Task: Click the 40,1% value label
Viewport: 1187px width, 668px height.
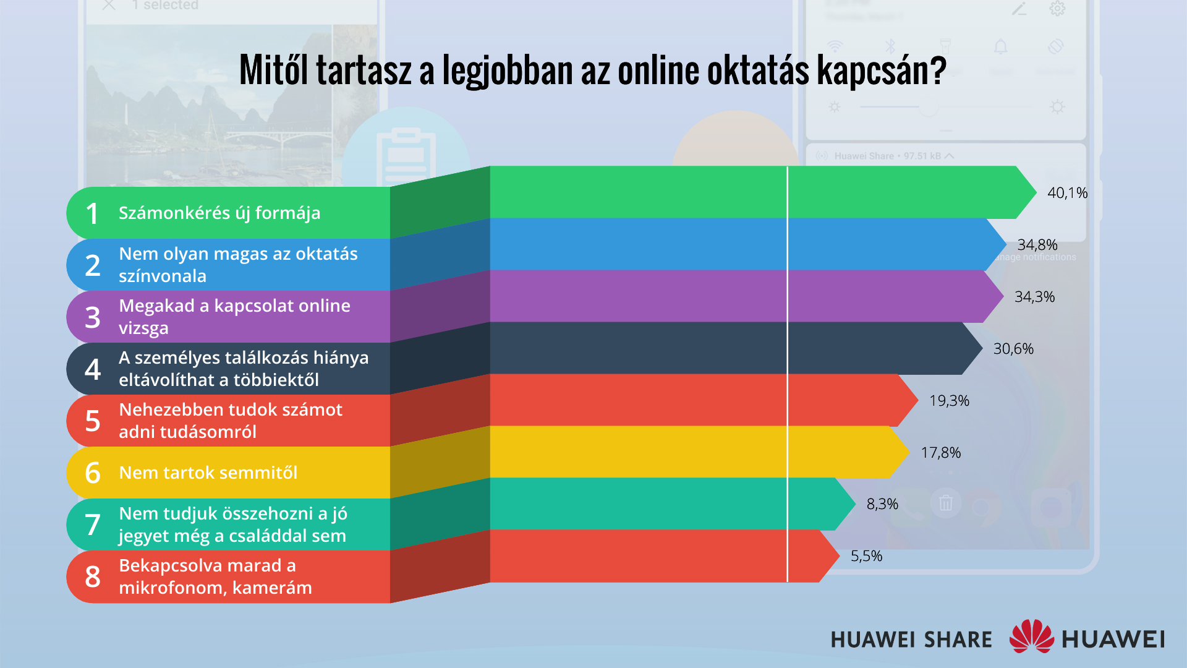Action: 1067,193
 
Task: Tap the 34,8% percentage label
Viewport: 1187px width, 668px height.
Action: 1037,245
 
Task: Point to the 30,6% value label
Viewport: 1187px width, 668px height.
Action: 1013,349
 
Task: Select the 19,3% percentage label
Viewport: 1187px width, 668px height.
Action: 949,401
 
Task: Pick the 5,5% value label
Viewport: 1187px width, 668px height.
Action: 866,556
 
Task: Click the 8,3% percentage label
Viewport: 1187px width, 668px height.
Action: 882,504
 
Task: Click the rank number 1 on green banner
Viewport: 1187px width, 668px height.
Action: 92,214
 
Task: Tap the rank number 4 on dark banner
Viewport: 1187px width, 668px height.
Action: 93,369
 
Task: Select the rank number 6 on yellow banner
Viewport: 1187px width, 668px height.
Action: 93,473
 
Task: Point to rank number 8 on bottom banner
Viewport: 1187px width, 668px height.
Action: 93,577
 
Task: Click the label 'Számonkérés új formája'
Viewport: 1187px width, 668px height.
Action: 219,213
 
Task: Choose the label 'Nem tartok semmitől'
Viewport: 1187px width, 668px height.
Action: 208,473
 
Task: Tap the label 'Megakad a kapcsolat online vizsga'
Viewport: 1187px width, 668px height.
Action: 234,316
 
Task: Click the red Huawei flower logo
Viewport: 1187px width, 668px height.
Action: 1031,636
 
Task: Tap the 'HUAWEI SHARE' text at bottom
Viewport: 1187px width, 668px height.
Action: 911,640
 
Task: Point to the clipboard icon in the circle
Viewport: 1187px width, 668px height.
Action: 406,155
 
